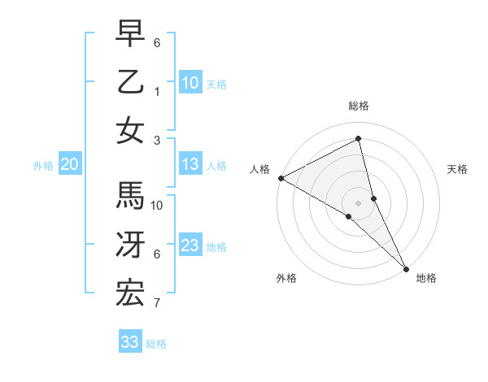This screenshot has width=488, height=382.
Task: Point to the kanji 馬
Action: tap(130, 196)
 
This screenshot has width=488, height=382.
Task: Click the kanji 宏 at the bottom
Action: tap(130, 293)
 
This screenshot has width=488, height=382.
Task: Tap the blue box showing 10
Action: tap(190, 83)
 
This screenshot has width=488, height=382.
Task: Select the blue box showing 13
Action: tap(190, 165)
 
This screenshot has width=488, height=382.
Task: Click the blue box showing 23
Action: tap(190, 246)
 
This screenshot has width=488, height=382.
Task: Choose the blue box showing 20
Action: tap(69, 165)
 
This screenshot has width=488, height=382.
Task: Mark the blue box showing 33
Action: tap(129, 342)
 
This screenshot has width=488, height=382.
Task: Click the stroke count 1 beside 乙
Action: tap(156, 92)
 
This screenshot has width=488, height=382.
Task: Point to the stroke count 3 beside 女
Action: tap(156, 141)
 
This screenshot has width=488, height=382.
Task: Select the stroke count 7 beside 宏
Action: tap(156, 304)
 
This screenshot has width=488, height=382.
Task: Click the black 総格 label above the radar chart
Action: tap(359, 106)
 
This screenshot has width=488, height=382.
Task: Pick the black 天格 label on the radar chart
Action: tap(457, 169)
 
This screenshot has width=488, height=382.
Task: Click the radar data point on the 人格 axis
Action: tap(281, 178)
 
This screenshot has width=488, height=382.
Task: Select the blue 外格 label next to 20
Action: tap(43, 166)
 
